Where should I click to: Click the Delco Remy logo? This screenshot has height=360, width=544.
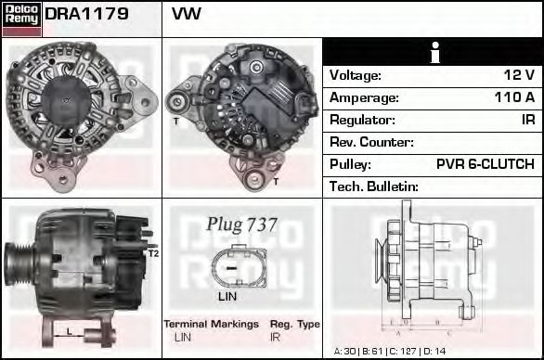click(x=20, y=17)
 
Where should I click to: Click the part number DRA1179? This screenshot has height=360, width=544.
click(x=86, y=16)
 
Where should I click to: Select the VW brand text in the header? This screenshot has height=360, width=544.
click(x=187, y=16)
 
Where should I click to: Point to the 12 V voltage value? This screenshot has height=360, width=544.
click(x=517, y=75)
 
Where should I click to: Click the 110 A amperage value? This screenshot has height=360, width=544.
click(x=513, y=97)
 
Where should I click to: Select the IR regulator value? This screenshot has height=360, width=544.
click(x=526, y=120)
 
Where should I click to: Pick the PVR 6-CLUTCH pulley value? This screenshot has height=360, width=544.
click(x=485, y=164)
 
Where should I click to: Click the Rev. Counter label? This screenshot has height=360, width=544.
click(x=371, y=142)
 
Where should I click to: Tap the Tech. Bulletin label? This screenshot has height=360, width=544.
click(x=374, y=186)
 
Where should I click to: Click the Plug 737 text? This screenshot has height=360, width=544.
click(x=241, y=225)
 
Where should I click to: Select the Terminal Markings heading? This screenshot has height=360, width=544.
click(x=211, y=324)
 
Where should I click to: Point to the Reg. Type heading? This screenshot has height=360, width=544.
click(x=294, y=324)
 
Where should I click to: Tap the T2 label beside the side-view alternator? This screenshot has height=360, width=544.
click(x=154, y=252)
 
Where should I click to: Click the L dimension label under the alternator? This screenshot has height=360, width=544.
click(x=68, y=331)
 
